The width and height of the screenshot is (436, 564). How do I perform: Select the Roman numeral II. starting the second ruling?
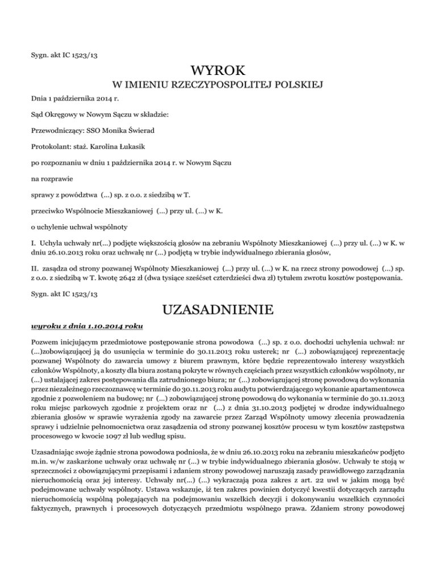[34, 268]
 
